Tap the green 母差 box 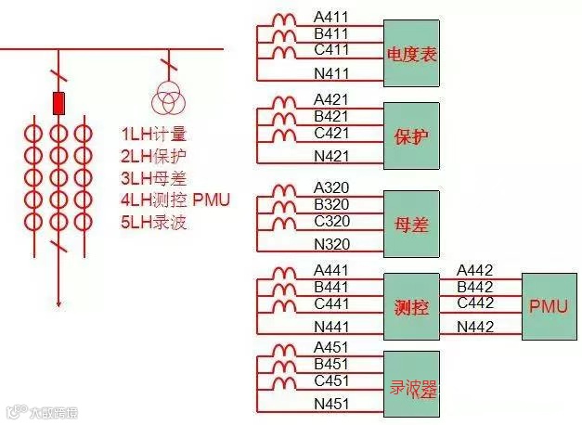pos(411,224)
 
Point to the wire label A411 pos(331,18)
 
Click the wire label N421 pos(332,156)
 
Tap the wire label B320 pos(332,203)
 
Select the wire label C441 pos(332,303)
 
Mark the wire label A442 pos(475,271)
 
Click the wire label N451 pos(332,403)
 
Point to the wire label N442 pos(475,326)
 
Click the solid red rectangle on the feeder pos(59,102)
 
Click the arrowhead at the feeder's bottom pos(59,302)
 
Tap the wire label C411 pos(331,49)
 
